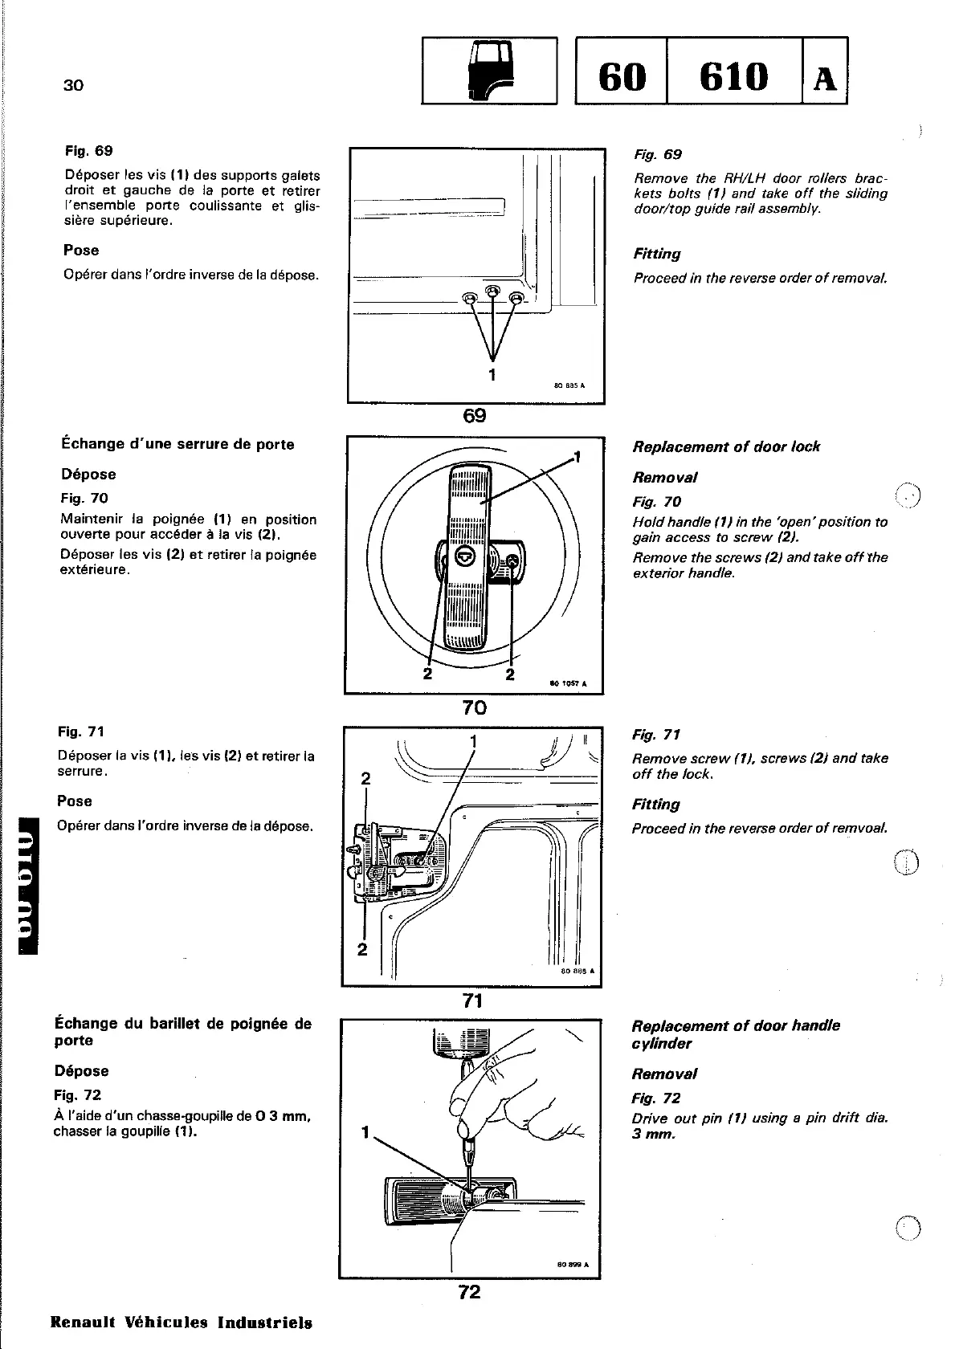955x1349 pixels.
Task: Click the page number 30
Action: (x=73, y=85)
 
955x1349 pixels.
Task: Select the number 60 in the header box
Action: (x=622, y=76)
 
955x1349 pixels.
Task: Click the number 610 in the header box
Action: (x=734, y=76)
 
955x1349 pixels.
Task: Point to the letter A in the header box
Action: (x=825, y=79)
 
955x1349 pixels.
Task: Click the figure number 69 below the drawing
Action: (x=475, y=415)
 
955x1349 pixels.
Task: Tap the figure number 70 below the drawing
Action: (x=474, y=707)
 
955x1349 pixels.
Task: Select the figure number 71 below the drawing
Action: (x=472, y=1000)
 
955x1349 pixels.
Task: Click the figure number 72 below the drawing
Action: (x=469, y=1292)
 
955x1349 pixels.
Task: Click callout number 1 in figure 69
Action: (x=492, y=373)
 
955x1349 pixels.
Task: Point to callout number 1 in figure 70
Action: (x=577, y=458)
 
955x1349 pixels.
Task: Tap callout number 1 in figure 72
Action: (x=365, y=1133)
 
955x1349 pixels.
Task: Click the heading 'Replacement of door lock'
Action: (x=726, y=446)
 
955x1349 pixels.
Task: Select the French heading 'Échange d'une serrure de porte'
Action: (x=178, y=444)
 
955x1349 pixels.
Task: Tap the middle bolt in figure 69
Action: (x=492, y=295)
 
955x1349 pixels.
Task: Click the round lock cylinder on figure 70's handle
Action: (x=466, y=556)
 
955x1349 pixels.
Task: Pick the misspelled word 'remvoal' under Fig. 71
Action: (x=859, y=829)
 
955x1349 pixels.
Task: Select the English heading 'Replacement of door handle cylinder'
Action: (x=736, y=1034)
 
